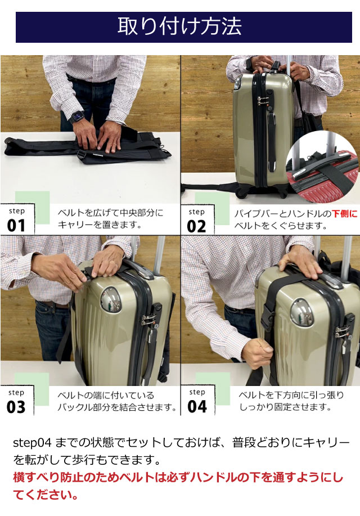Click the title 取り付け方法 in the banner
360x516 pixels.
point(179,26)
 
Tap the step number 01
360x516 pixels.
point(16,226)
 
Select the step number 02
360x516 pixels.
point(196,226)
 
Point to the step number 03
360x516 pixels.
point(16,407)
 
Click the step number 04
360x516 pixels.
point(197,406)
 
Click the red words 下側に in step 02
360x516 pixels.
point(345,214)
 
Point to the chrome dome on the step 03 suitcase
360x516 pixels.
point(111,300)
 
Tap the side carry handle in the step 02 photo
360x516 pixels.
point(271,141)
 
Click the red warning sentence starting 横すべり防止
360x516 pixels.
point(178,486)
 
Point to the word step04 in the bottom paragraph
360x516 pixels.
point(32,443)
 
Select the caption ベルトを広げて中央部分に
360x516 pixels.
point(111,213)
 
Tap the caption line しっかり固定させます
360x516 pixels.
point(285,407)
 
